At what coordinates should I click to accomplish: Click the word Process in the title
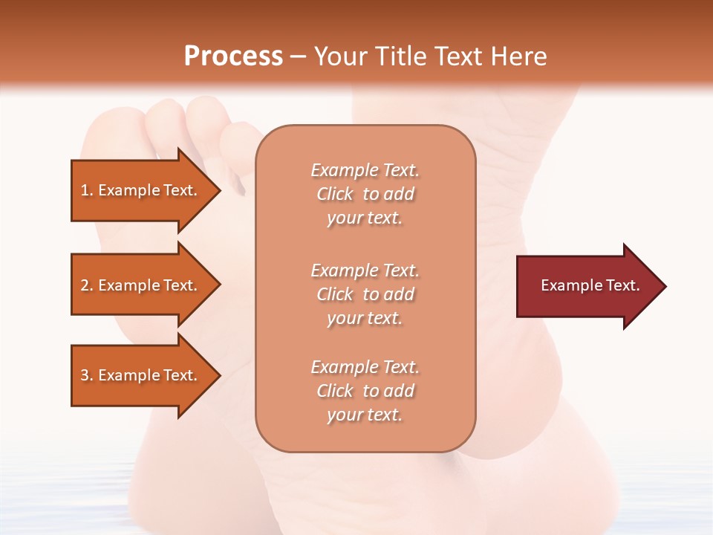pos(233,56)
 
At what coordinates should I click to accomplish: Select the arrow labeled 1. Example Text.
pos(141,190)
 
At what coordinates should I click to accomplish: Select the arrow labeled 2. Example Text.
pos(141,285)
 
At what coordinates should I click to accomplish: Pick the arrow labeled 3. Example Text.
pos(141,375)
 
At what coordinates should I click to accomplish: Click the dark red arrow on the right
pos(587,285)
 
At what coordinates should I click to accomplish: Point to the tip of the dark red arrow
pos(664,286)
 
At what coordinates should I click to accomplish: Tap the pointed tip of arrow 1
pos(219,190)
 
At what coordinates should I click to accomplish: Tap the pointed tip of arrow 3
pos(219,375)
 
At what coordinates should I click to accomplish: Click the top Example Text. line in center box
pos(365,170)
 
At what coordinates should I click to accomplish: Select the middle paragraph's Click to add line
pos(365,294)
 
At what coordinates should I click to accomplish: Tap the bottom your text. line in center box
pos(365,415)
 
